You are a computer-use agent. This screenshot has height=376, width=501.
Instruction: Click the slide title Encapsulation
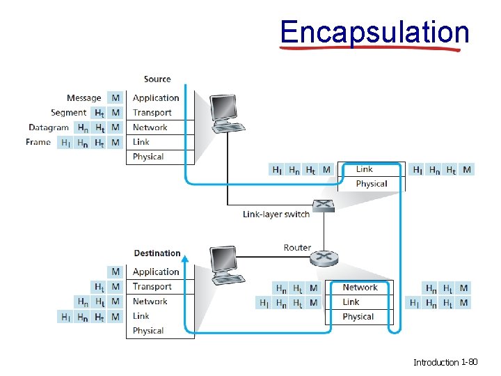click(374, 32)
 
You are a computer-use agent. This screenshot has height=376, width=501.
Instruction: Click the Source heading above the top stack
click(157, 79)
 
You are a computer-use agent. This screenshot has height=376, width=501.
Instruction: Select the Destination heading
click(157, 253)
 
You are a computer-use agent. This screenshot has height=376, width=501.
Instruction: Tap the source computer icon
click(226, 113)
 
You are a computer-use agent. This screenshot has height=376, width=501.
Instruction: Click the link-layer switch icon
click(324, 205)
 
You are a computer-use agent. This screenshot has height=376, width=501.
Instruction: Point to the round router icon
click(324, 257)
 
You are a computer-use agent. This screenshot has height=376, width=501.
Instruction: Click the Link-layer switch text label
click(276, 214)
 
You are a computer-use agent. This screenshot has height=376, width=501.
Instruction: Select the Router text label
click(297, 248)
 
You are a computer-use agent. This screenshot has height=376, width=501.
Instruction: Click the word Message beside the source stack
click(83, 98)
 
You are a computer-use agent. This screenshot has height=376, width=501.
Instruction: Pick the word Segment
click(68, 113)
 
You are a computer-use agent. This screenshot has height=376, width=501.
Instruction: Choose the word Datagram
click(49, 127)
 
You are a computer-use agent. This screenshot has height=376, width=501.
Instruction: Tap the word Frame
click(38, 142)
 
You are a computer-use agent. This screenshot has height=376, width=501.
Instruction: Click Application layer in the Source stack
click(156, 98)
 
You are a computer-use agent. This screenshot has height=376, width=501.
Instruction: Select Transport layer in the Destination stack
click(152, 286)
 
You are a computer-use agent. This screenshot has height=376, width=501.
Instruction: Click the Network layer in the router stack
click(360, 288)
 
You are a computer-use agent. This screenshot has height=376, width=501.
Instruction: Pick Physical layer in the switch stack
click(371, 184)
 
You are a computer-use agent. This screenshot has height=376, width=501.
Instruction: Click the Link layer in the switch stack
click(365, 169)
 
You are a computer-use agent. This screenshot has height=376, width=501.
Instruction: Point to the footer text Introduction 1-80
click(445, 362)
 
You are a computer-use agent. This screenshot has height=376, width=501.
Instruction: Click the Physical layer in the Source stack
click(148, 157)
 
